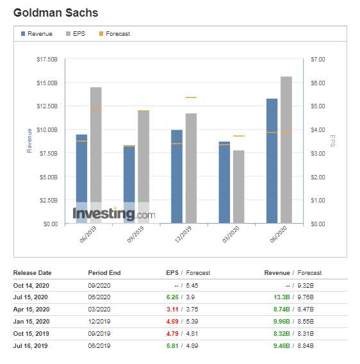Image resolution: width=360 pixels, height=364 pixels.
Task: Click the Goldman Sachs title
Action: click(56, 13)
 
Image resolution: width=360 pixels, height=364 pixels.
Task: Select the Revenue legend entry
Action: click(37, 34)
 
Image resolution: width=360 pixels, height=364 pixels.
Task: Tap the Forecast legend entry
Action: click(115, 34)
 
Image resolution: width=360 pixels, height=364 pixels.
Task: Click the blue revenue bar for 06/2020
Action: click(272, 161)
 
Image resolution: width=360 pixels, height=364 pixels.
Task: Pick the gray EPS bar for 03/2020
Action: click(238, 187)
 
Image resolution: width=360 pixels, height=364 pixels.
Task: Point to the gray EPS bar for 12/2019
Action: click(191, 169)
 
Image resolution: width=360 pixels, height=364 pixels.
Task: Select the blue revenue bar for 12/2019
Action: click(177, 177)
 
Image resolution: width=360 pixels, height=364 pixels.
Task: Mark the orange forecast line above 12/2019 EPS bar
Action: click(191, 97)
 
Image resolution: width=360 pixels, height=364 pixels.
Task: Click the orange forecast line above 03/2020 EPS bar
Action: click(238, 136)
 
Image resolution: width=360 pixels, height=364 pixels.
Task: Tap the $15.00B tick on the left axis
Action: click(47, 83)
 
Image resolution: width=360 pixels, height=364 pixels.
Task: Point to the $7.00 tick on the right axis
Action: click(318, 60)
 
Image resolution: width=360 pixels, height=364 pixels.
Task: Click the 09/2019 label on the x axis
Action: click(136, 235)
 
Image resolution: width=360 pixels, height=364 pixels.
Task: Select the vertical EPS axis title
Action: click(332, 141)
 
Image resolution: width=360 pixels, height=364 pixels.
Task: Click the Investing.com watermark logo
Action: click(114, 213)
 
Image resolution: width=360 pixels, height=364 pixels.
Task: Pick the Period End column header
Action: click(104, 273)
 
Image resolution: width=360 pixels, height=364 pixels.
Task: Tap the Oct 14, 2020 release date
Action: click(31, 286)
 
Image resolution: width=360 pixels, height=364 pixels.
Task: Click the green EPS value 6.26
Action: click(172, 297)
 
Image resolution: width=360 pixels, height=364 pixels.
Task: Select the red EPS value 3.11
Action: click(172, 310)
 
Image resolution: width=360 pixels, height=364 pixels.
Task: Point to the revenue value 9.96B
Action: click(282, 322)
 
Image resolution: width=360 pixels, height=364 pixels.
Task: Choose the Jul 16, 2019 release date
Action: click(30, 346)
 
